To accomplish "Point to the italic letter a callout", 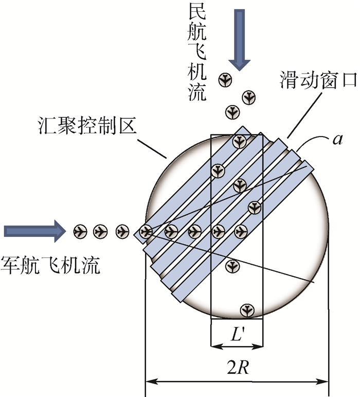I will click(337, 140).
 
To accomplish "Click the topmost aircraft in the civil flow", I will click(225, 80).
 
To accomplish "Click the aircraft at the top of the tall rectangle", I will click(240, 141).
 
